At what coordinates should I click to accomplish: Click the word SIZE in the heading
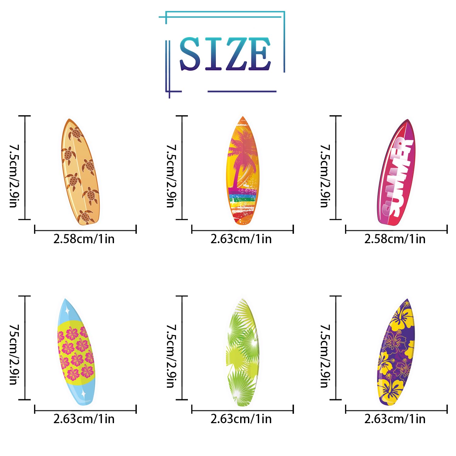pyautogui.click(x=225, y=54)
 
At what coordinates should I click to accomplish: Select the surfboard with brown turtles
pyautogui.click(x=81, y=172)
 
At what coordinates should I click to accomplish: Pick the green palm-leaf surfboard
pyautogui.click(x=243, y=353)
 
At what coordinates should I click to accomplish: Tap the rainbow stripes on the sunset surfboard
pyautogui.click(x=242, y=199)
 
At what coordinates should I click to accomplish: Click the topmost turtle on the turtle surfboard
pyautogui.click(x=76, y=134)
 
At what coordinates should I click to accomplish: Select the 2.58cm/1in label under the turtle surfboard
pyautogui.click(x=84, y=239)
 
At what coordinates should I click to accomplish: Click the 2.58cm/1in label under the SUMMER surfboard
pyautogui.click(x=395, y=239)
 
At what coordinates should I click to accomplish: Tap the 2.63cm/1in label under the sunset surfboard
pyautogui.click(x=241, y=239)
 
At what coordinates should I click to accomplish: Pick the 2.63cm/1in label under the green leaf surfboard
pyautogui.click(x=241, y=419)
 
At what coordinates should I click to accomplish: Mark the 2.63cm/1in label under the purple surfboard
pyautogui.click(x=395, y=419)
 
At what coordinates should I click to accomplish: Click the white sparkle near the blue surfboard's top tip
pyautogui.click(x=67, y=311)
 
